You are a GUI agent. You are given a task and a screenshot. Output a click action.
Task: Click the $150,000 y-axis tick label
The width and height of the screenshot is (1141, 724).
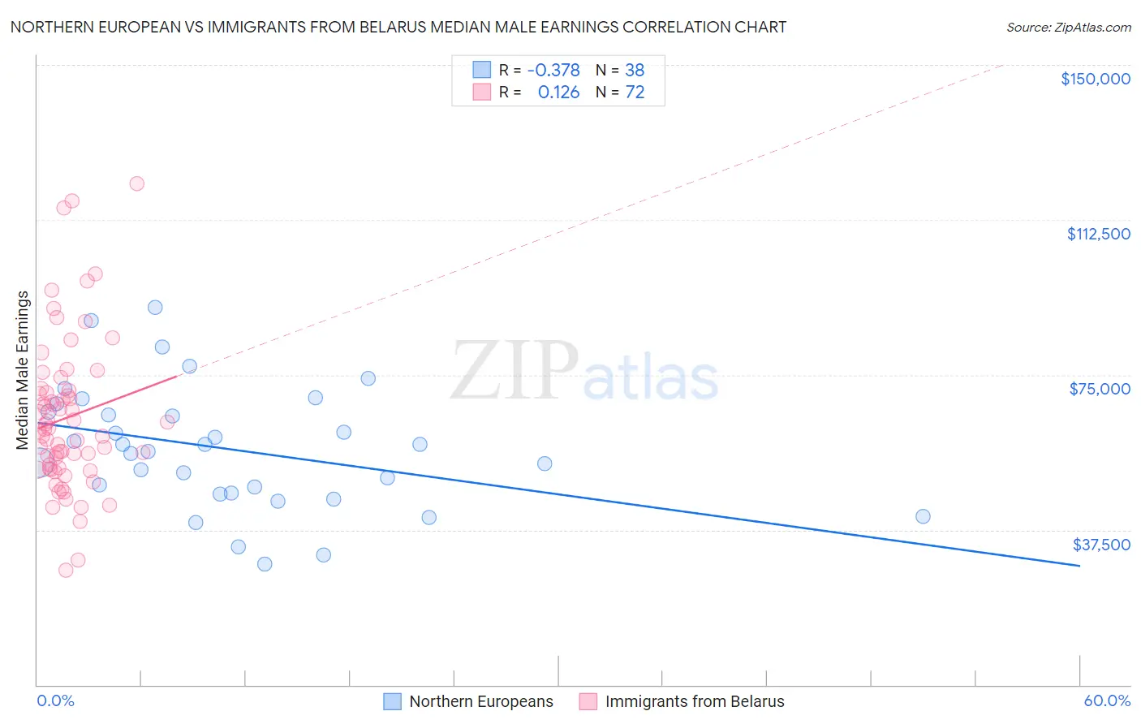(1095, 79)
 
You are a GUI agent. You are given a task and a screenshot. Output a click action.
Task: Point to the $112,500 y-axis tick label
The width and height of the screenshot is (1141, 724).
(1098, 234)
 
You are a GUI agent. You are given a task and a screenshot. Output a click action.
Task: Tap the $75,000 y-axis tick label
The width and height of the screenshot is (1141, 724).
(1100, 389)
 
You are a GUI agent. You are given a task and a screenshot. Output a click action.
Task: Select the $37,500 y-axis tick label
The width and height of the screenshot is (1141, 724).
(1101, 545)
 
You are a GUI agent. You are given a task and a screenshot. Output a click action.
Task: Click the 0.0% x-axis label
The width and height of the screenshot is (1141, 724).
(55, 700)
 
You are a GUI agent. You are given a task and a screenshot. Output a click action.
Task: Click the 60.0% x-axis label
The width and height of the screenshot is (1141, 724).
(1107, 700)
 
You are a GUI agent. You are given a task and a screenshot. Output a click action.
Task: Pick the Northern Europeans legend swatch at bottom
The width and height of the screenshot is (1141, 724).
(393, 701)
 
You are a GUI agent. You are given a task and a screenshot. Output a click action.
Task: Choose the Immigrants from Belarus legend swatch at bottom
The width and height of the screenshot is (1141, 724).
(588, 701)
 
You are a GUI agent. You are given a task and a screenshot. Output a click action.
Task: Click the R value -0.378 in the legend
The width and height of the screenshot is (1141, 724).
(553, 70)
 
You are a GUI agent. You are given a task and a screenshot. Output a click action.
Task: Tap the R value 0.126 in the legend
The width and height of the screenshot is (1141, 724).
(558, 93)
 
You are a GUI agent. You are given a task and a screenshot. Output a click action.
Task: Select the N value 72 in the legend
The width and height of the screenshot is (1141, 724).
(635, 93)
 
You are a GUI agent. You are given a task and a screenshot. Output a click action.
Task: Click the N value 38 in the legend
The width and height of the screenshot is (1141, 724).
(635, 70)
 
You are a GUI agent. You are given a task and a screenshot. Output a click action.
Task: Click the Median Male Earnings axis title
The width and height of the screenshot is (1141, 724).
(23, 369)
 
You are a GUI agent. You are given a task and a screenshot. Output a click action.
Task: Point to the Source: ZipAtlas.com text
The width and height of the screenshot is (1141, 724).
(1068, 28)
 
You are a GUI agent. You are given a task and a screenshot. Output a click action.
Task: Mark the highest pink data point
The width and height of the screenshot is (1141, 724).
(136, 183)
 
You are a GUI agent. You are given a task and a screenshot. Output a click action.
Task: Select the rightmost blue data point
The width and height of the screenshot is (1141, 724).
(923, 516)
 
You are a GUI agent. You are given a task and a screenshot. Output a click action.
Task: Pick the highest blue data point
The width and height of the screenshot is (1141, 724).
(155, 307)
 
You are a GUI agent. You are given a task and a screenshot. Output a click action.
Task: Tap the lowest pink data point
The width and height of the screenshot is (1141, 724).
(66, 570)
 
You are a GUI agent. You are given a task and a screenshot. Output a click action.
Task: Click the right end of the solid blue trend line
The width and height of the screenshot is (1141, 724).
(1079, 565)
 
